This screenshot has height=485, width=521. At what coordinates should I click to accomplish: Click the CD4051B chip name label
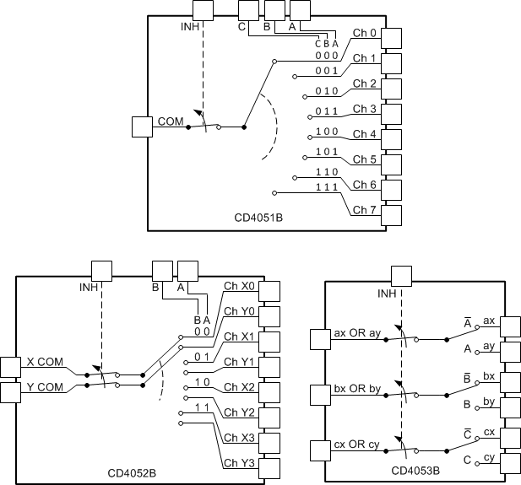click(258, 218)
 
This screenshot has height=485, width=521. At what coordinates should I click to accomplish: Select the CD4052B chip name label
click(132, 473)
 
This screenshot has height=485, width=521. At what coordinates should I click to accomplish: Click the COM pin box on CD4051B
click(144, 127)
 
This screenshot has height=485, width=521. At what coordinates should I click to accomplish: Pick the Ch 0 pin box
click(391, 38)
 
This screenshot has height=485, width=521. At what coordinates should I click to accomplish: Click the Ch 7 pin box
click(391, 215)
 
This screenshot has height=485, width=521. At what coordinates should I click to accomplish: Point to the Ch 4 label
click(365, 134)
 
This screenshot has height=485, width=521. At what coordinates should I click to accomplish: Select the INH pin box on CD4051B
click(204, 10)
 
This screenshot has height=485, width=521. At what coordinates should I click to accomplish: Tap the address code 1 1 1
click(327, 186)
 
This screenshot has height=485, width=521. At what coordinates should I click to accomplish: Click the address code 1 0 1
click(327, 153)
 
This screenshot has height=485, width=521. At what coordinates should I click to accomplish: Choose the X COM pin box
click(11, 367)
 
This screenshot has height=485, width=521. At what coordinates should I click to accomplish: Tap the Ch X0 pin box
click(269, 292)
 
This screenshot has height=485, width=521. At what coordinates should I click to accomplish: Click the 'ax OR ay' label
click(358, 331)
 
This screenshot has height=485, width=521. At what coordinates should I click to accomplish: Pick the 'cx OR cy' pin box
click(321, 450)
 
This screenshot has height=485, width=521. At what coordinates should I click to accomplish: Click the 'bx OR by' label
click(358, 388)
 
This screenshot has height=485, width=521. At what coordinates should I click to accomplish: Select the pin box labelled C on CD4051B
click(247, 10)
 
